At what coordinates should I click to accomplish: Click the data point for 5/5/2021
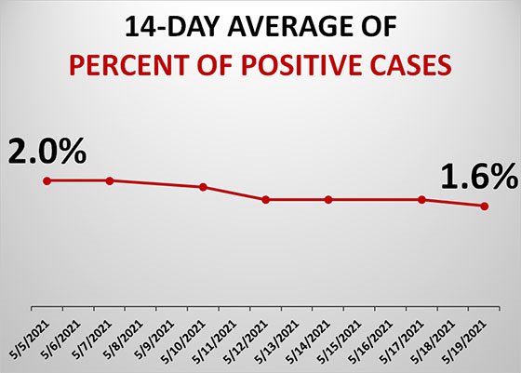47,180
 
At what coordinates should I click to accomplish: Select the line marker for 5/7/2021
110,180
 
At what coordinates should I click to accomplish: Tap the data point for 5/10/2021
203,187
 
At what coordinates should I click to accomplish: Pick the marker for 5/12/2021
266,200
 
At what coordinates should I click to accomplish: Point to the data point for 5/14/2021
328,200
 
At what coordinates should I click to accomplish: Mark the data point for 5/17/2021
422,200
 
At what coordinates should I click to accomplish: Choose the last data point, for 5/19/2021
485,206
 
